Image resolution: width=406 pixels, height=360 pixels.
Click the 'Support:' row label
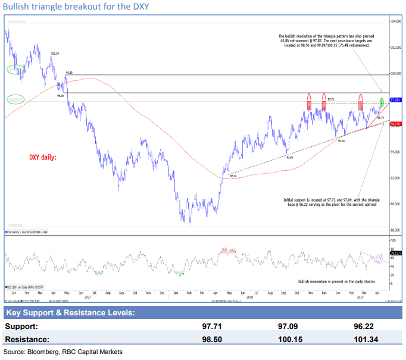(x=23, y=327)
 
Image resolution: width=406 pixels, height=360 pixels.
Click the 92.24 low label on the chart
(x=232, y=176)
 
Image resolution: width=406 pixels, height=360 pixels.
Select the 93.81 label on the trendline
(x=289, y=157)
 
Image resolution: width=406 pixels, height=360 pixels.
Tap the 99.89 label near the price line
(x=70, y=73)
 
